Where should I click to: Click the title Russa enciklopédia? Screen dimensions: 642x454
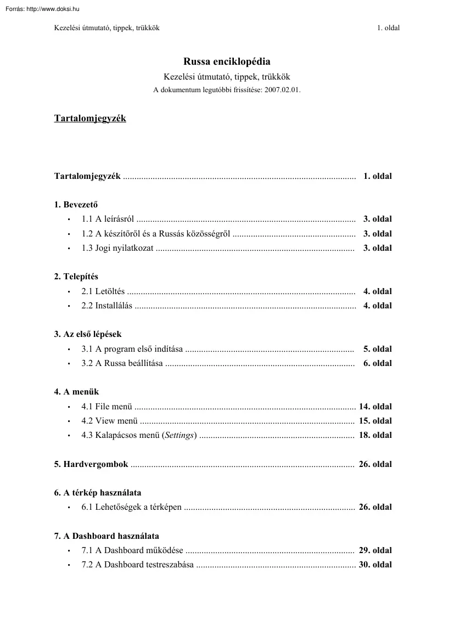(x=227, y=62)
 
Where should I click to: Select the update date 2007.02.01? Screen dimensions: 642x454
(x=282, y=89)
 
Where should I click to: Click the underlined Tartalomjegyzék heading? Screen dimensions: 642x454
(x=90, y=119)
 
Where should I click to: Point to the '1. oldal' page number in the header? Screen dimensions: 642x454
(x=388, y=28)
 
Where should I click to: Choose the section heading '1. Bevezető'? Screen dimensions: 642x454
(x=76, y=205)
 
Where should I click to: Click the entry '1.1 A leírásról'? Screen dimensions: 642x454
(x=108, y=219)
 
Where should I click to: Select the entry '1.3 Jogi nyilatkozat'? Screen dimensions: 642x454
(x=117, y=248)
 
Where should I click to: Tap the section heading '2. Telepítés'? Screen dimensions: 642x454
(x=76, y=277)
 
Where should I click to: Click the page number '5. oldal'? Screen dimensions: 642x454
(x=377, y=349)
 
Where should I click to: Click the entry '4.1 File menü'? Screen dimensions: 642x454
(x=107, y=407)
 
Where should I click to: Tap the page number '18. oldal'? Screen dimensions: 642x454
(x=375, y=435)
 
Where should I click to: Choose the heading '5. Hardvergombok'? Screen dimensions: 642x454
(x=91, y=464)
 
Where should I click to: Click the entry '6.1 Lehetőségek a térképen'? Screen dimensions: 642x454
(x=132, y=507)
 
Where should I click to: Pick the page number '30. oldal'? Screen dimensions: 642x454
(x=375, y=565)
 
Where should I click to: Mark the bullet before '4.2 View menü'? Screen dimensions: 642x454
(x=69, y=421)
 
